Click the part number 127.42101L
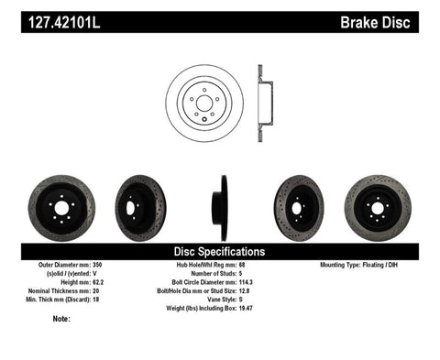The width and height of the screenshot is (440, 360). coord(62,17)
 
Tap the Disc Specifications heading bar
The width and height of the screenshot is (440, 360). coord(220,250)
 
